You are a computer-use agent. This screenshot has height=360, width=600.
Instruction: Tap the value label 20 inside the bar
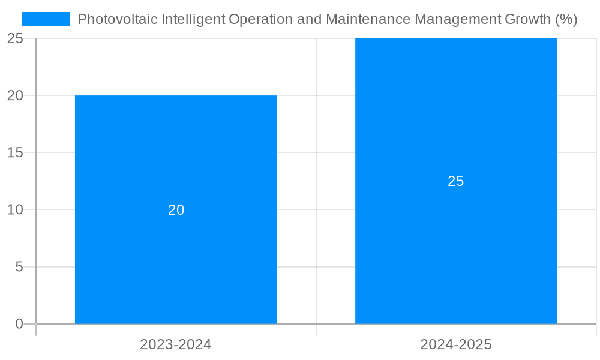[176, 210]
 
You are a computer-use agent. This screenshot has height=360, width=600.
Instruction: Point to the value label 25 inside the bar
[456, 181]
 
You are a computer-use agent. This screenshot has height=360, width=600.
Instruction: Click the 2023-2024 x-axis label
[176, 344]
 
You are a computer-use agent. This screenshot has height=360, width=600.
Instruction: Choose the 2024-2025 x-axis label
[456, 344]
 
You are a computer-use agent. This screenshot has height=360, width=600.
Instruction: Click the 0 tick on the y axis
[19, 324]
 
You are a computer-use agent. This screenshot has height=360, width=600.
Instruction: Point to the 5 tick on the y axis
[19, 266]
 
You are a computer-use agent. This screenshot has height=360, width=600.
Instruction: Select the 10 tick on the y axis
[15, 209]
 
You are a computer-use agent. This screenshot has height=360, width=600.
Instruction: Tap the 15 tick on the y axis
[15, 152]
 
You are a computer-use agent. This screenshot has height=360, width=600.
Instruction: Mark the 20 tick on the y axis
[15, 95]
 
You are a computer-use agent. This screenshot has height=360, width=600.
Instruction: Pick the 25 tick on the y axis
[15, 38]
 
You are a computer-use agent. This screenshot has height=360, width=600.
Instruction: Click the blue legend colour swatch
[46, 19]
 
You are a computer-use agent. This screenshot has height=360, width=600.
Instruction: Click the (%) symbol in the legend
[566, 19]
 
